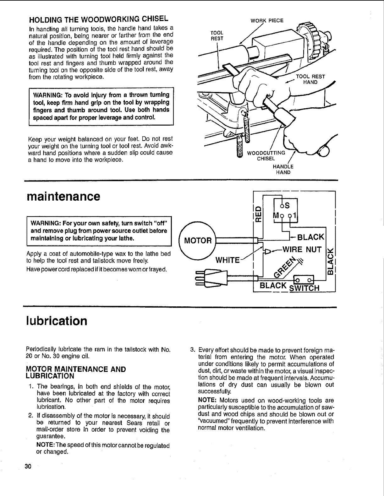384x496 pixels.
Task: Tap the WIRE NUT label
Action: click(x=302, y=250)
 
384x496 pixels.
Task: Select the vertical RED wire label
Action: click(x=259, y=213)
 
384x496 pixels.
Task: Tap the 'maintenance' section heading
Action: click(x=63, y=197)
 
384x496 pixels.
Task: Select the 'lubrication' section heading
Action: click(x=57, y=321)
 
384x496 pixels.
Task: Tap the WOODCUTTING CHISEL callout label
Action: click(x=266, y=155)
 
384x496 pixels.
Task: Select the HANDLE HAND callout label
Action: click(x=283, y=170)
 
